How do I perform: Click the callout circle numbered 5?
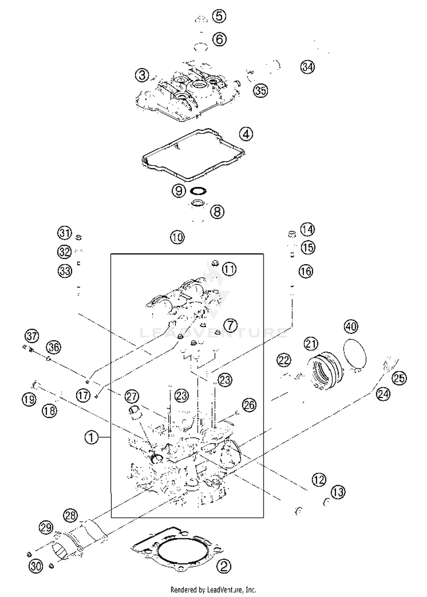click(219, 16)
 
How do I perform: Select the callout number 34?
click(308, 67)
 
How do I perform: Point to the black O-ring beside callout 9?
click(198, 191)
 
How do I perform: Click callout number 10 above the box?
click(177, 237)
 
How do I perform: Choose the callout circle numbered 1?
click(92, 437)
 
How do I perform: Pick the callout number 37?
click(32, 336)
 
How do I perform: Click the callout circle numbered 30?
click(36, 566)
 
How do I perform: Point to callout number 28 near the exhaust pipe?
click(70, 516)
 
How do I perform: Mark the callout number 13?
click(338, 492)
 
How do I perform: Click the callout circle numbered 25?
click(399, 378)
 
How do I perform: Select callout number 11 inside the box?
click(229, 269)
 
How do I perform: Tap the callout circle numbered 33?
click(65, 271)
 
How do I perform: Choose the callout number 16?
click(306, 271)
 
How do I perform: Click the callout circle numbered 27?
click(132, 396)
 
